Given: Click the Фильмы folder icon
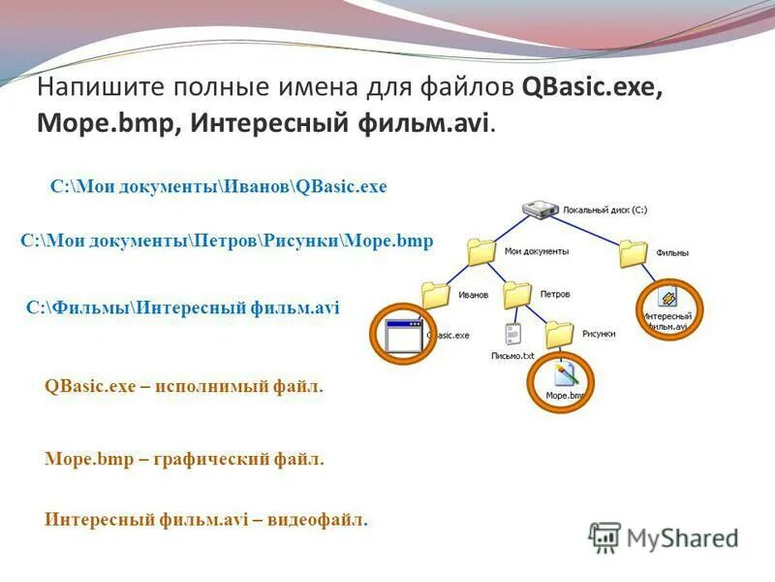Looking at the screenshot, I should pos(633,253).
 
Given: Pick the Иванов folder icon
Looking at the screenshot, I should pos(436,294).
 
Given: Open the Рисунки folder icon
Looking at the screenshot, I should pos(559,334).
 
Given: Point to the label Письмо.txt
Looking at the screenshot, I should pos(513,356).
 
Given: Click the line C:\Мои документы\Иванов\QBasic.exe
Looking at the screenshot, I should pos(218,186).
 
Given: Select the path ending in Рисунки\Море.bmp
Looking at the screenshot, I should pos(227,241).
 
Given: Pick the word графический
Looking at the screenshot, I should pos(207,459).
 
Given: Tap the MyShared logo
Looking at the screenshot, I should pos(663,536).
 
